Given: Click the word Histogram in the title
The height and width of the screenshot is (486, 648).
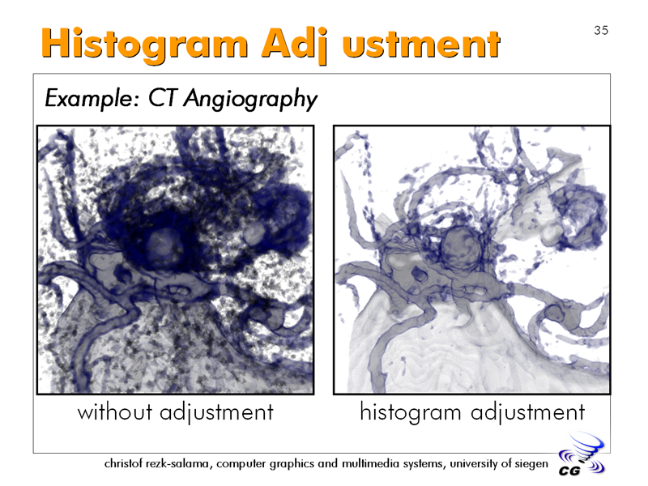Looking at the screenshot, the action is click(x=145, y=45).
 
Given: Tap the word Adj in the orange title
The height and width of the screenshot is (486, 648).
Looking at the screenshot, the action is click(x=295, y=45).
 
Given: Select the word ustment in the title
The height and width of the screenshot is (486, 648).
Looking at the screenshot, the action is click(x=421, y=45).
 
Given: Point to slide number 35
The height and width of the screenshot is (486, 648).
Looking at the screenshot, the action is click(x=601, y=30).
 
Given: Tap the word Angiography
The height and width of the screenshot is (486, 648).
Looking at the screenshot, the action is click(x=250, y=100).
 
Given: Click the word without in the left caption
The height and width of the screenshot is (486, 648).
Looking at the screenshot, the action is click(x=115, y=412).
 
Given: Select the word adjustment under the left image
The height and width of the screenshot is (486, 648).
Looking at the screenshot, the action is click(x=216, y=413).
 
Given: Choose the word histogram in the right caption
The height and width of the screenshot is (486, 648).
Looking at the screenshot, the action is click(x=411, y=412).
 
